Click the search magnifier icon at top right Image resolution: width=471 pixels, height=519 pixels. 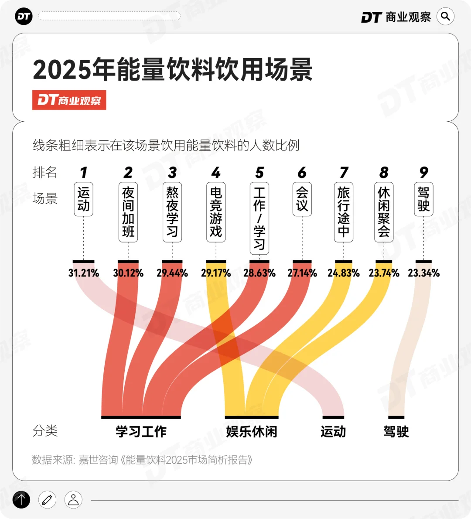click(x=445, y=17)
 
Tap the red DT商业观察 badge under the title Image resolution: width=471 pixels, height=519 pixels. click(x=69, y=100)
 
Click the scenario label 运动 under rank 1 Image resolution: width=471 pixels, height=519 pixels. click(x=83, y=199)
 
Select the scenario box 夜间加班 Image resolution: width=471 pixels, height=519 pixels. click(x=128, y=212)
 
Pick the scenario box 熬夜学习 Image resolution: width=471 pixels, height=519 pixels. click(x=172, y=212)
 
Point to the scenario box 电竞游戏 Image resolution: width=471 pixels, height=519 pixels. click(x=216, y=212)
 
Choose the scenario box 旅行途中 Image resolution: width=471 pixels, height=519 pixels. click(x=344, y=212)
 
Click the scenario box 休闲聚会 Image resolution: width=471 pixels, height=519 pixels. click(x=384, y=212)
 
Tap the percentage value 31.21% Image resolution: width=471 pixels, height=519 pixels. click(x=84, y=273)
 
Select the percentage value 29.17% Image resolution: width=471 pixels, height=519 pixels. click(x=216, y=273)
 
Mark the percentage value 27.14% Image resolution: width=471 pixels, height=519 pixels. click(x=302, y=273)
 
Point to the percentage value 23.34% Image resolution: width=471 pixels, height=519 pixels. click(x=423, y=273)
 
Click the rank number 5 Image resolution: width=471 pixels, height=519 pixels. click(x=259, y=173)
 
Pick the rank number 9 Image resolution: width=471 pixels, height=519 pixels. click(x=423, y=173)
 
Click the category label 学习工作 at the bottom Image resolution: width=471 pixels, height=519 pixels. click(x=141, y=432)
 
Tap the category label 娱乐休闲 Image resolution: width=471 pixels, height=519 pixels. click(x=252, y=432)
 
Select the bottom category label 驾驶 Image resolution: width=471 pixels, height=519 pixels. click(x=396, y=432)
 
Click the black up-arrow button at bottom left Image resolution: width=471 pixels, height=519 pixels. click(x=21, y=500)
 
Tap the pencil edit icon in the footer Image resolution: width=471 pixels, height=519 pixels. click(x=47, y=500)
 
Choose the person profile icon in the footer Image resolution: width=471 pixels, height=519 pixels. click(x=73, y=500)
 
